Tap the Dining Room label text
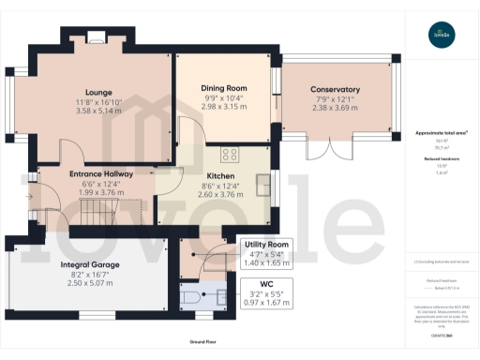[x=222, y=88]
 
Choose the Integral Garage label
[x=91, y=264]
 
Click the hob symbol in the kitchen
[x=230, y=155]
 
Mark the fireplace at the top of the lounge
[x=97, y=37]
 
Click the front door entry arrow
[x=32, y=196]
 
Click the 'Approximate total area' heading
[x=441, y=133]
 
